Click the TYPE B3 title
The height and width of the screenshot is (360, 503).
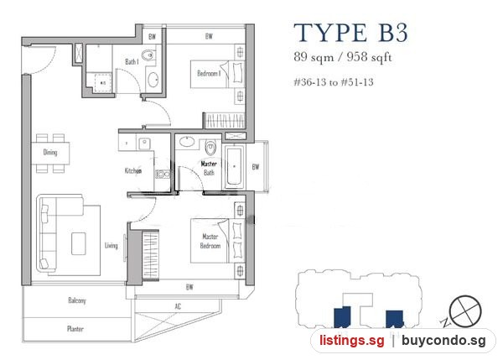tap(350, 33)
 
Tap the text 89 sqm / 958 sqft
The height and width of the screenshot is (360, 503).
tap(343, 57)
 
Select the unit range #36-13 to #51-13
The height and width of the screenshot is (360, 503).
tap(334, 82)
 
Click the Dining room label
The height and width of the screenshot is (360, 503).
tap(50, 152)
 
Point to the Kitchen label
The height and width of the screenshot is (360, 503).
tap(133, 170)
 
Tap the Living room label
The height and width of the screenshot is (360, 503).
tap(111, 246)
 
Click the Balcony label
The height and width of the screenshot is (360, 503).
tap(77, 300)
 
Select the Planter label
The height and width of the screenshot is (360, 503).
tap(75, 328)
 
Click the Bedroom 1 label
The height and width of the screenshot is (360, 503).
tap(209, 74)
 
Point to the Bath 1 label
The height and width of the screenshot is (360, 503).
tap(132, 61)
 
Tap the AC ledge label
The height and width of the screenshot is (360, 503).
tap(178, 306)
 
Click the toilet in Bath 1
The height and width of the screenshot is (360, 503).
tap(148, 56)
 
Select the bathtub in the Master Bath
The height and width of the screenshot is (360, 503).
tap(234, 166)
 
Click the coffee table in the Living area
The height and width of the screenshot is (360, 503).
tap(79, 243)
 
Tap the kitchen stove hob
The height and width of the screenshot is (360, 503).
tap(163, 175)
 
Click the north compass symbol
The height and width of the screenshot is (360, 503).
tap(465, 311)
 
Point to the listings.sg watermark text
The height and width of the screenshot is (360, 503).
tap(351, 341)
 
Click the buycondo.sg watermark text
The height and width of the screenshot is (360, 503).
tap(443, 341)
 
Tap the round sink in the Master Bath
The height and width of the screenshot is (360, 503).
tap(187, 141)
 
